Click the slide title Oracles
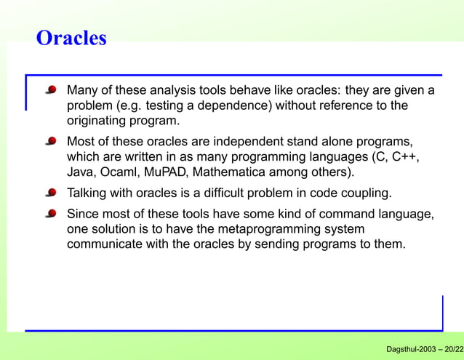[x=71, y=38]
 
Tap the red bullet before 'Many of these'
[x=52, y=91]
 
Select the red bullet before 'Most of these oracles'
[x=52, y=140]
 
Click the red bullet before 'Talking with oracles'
[x=52, y=193]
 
